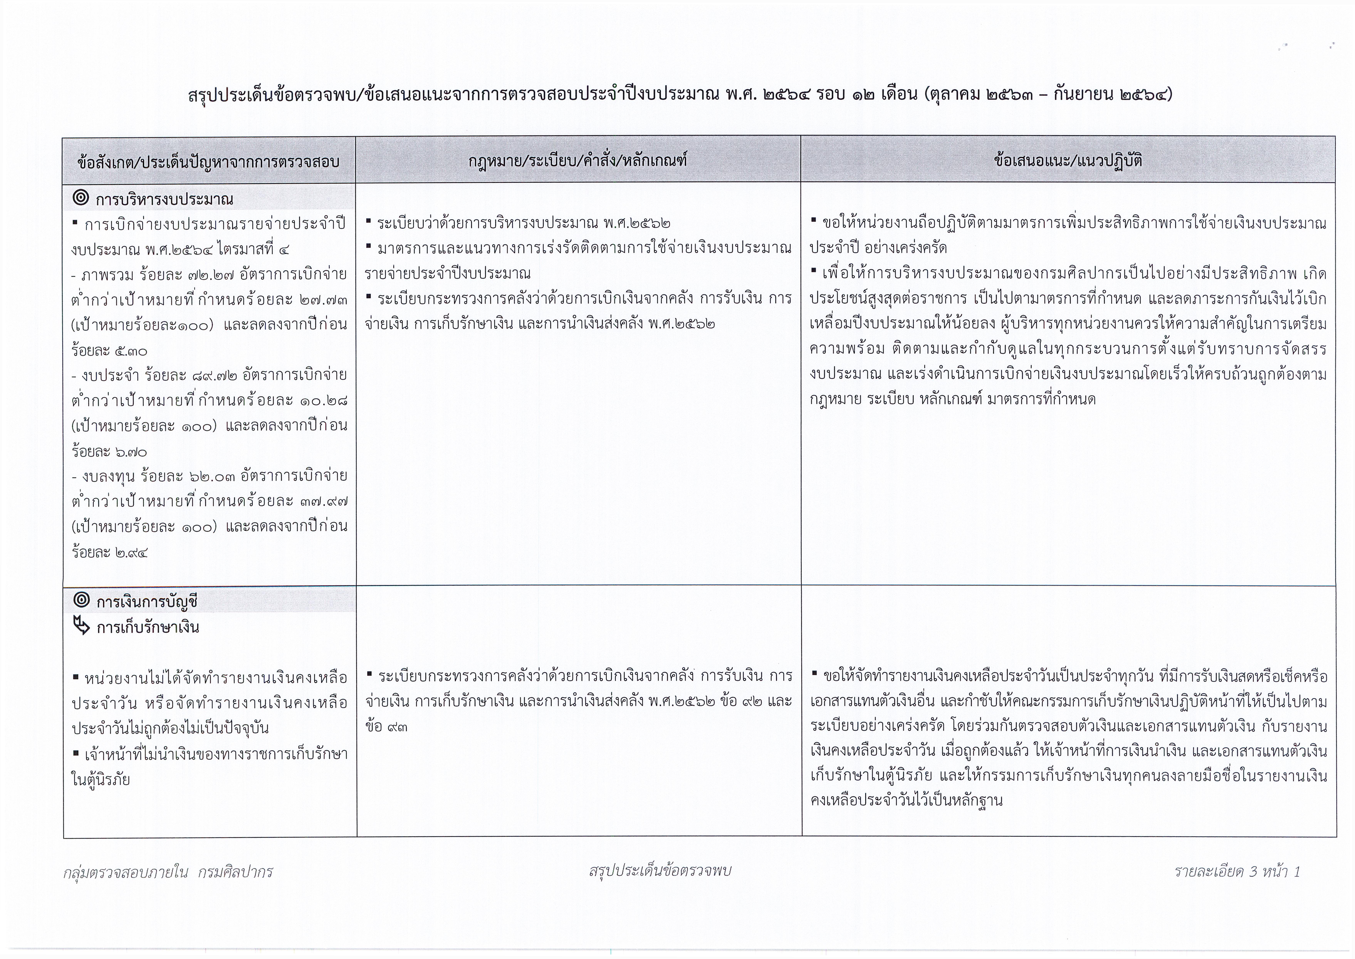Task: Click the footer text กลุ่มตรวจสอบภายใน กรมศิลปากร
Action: click(x=168, y=872)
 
